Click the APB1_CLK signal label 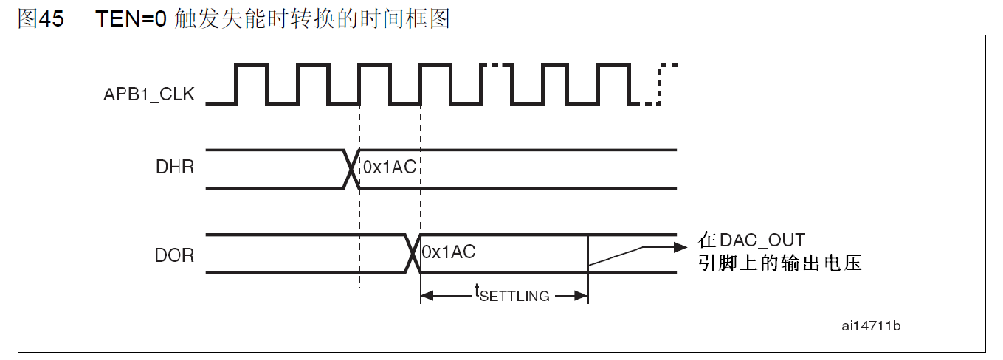tap(149, 94)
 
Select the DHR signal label tap(174, 168)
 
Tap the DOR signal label tap(174, 255)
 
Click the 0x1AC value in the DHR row tap(389, 168)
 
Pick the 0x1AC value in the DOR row tap(449, 252)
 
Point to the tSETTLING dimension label tap(511, 294)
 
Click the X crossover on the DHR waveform tap(351, 169)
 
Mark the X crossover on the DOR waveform tap(413, 255)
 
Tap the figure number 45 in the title tap(52, 19)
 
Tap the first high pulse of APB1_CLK tap(252, 65)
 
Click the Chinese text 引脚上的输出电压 tap(779, 263)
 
